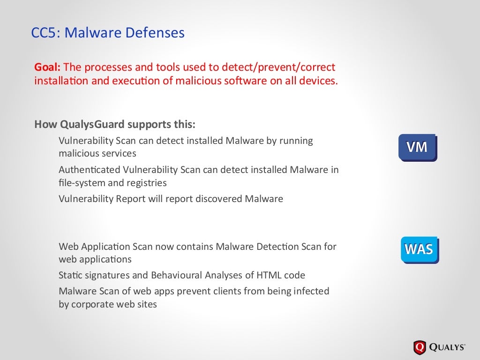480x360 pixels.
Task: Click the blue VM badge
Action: (417, 147)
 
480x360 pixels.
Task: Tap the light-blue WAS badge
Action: (419, 249)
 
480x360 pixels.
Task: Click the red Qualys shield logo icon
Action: (420, 347)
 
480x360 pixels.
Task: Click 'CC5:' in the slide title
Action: (46, 33)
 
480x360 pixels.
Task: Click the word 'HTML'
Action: (269, 275)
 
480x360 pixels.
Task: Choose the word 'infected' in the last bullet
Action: (311, 291)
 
